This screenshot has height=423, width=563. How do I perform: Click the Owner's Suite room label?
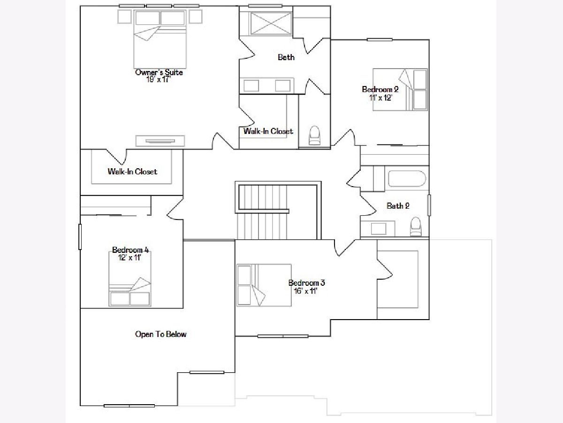click(x=159, y=72)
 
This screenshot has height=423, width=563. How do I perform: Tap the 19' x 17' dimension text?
click(x=158, y=79)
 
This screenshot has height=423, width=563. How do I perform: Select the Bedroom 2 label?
click(x=380, y=89)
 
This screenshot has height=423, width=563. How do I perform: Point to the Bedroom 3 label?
click(x=307, y=283)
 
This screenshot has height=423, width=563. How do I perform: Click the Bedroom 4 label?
click(x=130, y=250)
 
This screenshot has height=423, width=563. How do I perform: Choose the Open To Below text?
click(x=161, y=334)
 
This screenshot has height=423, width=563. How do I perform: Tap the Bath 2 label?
click(x=398, y=206)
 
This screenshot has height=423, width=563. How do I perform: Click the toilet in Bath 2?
click(x=416, y=227)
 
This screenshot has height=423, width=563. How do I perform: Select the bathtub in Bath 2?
click(x=407, y=179)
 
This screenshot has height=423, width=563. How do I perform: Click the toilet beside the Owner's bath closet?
click(x=315, y=135)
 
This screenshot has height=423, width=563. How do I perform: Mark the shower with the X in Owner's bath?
click(x=271, y=23)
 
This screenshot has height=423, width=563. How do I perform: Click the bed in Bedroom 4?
click(x=130, y=279)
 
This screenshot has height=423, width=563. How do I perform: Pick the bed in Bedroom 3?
click(x=264, y=285)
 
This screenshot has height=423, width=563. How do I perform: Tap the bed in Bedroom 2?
click(x=400, y=89)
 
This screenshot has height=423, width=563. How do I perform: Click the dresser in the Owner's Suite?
click(x=160, y=141)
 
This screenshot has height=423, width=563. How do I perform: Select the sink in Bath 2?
click(x=378, y=228)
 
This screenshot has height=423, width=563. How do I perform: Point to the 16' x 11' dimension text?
click(x=306, y=291)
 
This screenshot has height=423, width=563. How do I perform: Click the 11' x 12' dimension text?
click(x=380, y=98)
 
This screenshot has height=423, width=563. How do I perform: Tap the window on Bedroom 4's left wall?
click(x=80, y=237)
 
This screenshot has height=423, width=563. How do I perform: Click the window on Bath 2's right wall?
click(x=429, y=205)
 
